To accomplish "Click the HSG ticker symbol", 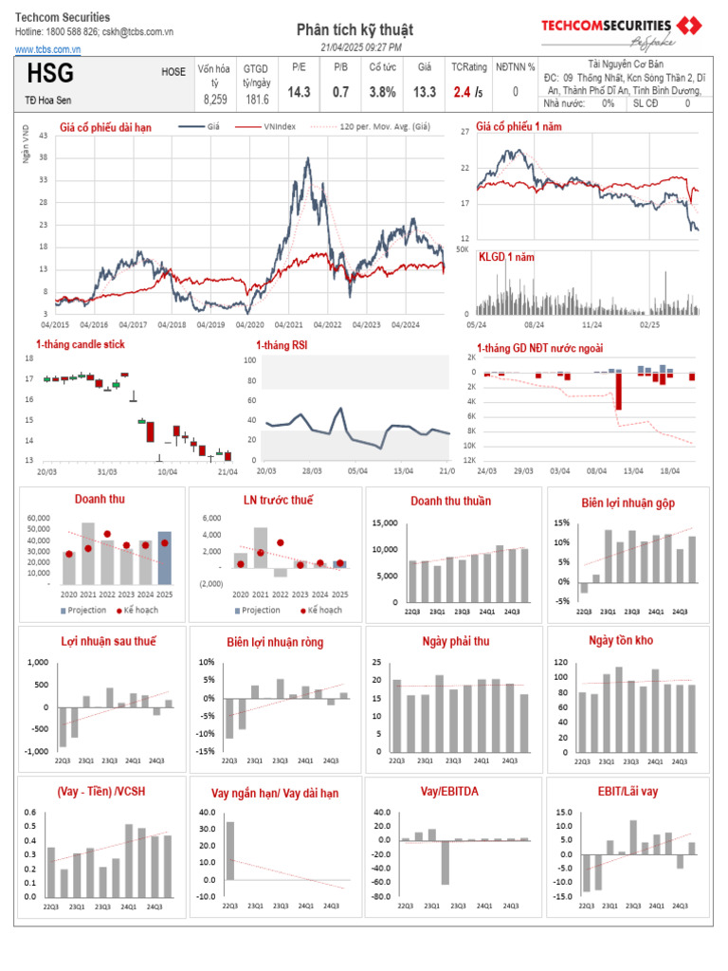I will (x=50, y=74).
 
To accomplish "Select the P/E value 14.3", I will (x=300, y=92).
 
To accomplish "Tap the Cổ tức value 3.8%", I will (x=382, y=92).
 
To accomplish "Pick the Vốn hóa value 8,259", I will (x=216, y=99).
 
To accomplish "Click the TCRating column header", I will (x=467, y=67).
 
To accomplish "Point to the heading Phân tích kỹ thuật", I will (x=355, y=30).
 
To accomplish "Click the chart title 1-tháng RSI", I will (x=282, y=345).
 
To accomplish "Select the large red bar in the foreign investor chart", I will (x=618, y=391).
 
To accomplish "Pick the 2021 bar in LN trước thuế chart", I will (x=260, y=547).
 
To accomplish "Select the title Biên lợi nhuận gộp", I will (x=628, y=502).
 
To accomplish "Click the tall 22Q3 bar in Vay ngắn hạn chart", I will (x=229, y=851).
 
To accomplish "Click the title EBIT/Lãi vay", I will (x=628, y=791).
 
